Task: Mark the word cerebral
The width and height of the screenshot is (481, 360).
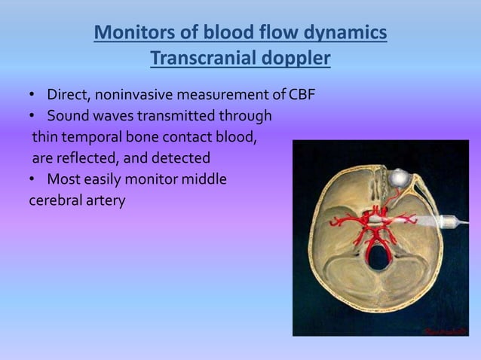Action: (54, 201)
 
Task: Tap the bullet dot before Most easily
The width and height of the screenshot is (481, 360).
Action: (32, 180)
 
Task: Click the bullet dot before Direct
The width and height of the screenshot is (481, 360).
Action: (32, 96)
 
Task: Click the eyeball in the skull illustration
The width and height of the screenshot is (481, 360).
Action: (399, 178)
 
